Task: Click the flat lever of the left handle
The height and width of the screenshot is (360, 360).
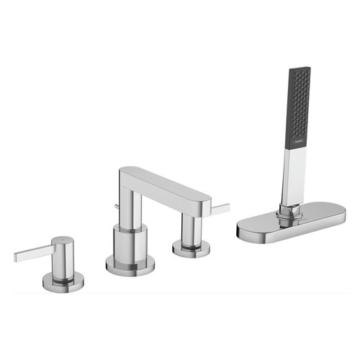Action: pyautogui.click(x=32, y=252)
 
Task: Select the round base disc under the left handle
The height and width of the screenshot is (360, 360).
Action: pyautogui.click(x=63, y=283)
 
